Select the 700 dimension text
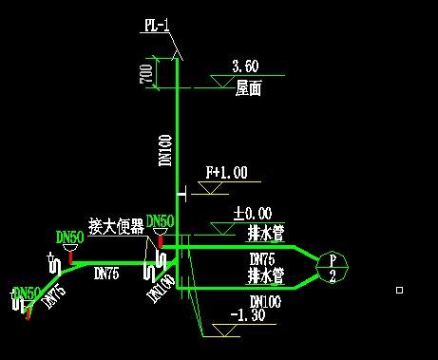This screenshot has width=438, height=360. (x=146, y=75)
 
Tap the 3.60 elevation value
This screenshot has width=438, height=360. (x=245, y=66)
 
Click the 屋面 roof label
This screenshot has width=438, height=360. (x=249, y=88)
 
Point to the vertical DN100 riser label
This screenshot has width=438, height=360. (x=165, y=151)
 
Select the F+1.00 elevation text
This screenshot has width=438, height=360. (x=226, y=173)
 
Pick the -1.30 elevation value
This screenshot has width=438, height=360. (x=250, y=315)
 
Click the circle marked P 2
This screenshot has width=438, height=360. (x=332, y=267)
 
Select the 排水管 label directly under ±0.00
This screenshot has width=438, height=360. (x=265, y=232)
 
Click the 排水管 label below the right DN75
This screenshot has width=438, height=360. (x=265, y=276)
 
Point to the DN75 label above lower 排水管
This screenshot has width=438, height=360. (x=261, y=258)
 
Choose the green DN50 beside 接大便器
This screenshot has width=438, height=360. (x=161, y=221)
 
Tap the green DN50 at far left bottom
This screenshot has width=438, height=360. (x=27, y=293)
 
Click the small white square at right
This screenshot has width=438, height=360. (x=400, y=290)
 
